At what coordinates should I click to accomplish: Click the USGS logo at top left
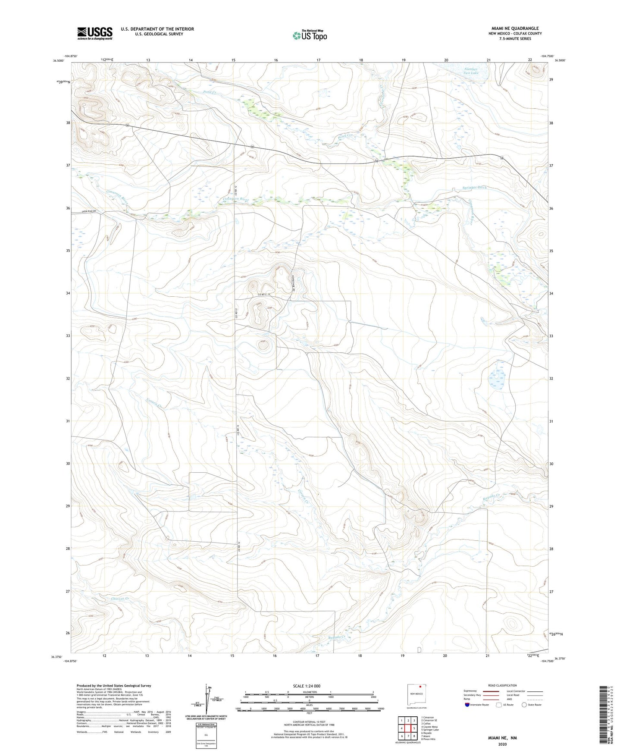tap(95, 33)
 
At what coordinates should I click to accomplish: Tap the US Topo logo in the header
tap(309, 35)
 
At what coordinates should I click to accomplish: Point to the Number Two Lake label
tap(471, 71)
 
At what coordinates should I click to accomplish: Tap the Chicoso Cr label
tap(120, 599)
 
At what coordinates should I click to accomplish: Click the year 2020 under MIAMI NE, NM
tap(502, 744)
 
